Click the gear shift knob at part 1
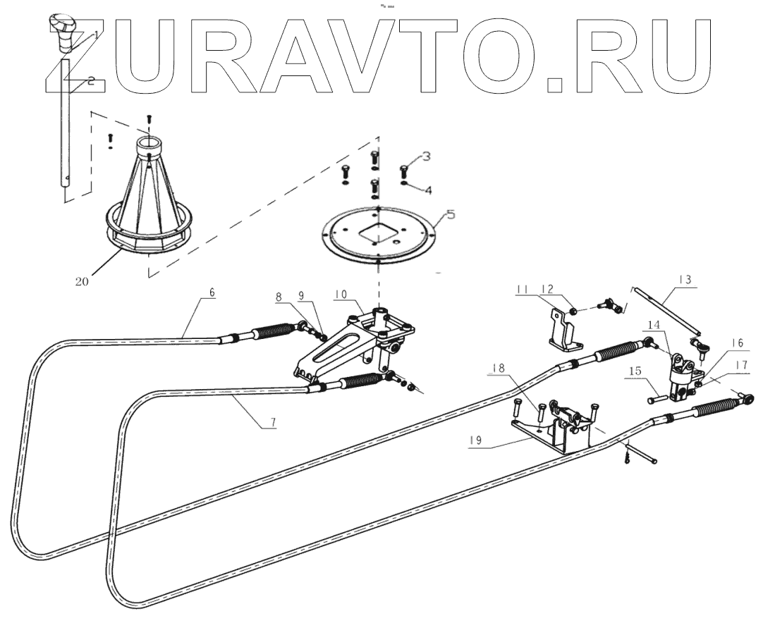(61, 31)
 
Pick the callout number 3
(427, 155)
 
